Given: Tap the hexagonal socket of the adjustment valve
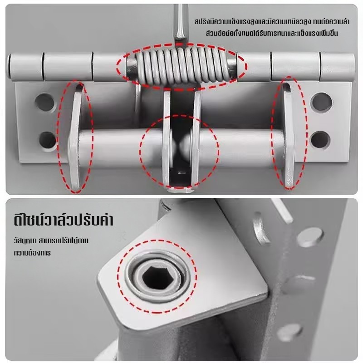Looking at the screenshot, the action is click(155, 277).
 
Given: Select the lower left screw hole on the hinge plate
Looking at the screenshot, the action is click(48, 141).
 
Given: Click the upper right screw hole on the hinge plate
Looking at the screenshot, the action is click(321, 102).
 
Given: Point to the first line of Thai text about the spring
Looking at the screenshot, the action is click(272, 22).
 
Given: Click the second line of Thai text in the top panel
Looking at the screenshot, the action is click(272, 33).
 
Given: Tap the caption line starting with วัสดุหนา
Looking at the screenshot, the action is click(51, 241).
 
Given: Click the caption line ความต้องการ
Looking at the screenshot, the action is click(32, 253).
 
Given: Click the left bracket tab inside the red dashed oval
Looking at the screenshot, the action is click(75, 137).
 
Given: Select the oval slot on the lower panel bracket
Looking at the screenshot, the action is click(261, 230).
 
